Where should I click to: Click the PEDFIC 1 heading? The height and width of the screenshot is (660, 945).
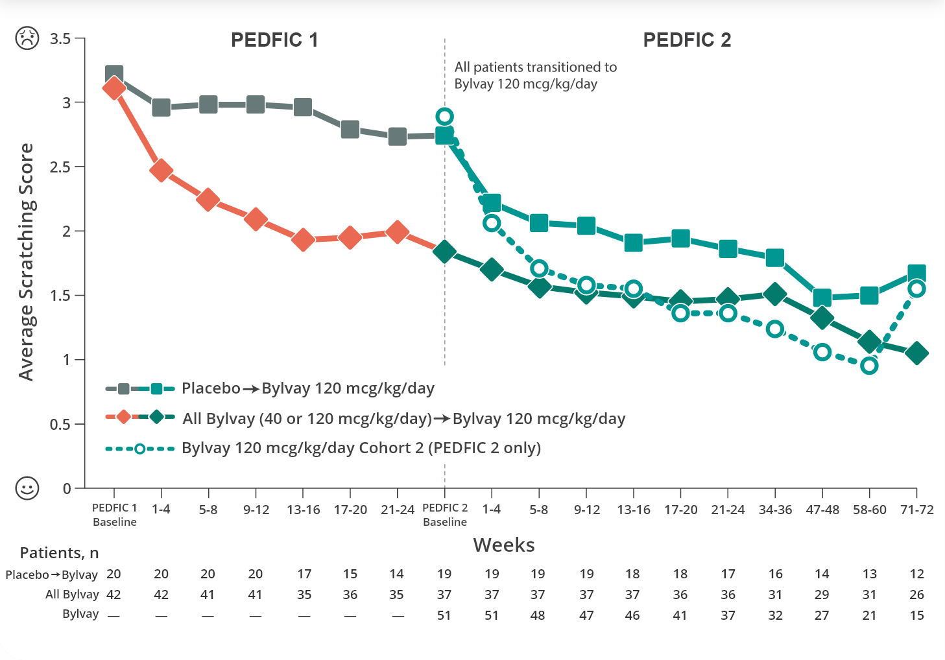click(274, 40)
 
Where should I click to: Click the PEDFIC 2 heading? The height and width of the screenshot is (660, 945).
click(687, 40)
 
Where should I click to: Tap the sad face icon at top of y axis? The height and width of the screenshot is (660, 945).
click(27, 38)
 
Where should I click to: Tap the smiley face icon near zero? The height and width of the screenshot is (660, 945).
click(27, 488)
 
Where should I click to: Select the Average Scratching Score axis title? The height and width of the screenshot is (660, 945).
click(26, 262)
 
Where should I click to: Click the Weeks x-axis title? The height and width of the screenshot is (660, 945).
click(504, 545)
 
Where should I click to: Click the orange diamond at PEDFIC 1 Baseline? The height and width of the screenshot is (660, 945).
click(114, 88)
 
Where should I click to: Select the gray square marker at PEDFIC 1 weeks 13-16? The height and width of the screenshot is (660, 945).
click(303, 107)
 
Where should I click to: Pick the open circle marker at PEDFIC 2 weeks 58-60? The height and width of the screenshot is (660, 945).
click(869, 366)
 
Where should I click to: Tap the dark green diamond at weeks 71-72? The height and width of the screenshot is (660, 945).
click(916, 353)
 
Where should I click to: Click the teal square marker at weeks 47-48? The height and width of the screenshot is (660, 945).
click(822, 298)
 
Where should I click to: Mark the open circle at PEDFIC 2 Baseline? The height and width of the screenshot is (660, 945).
click(444, 117)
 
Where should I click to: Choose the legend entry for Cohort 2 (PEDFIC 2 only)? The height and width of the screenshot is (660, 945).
click(361, 448)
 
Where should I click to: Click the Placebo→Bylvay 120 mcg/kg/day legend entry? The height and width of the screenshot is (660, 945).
click(307, 388)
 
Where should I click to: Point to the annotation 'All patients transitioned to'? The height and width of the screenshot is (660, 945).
click(535, 67)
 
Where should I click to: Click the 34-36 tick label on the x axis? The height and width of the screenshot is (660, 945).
click(775, 510)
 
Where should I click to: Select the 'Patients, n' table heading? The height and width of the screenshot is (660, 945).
click(59, 553)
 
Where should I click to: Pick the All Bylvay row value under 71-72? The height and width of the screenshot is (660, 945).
click(916, 595)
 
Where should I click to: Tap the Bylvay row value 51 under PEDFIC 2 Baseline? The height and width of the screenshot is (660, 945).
click(444, 615)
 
